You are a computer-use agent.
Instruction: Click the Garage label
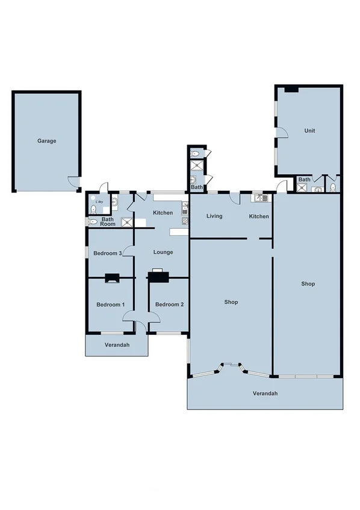(x=46, y=141)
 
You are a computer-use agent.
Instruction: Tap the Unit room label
(x=309, y=131)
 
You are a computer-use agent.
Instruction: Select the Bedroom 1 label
(x=111, y=305)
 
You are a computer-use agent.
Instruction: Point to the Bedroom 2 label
(x=169, y=305)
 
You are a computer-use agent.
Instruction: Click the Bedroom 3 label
(x=107, y=253)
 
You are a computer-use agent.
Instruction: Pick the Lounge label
(x=163, y=252)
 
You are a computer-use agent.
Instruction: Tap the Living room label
(x=214, y=216)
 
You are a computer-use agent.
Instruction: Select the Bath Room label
(x=108, y=222)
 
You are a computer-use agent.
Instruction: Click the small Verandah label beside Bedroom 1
(x=116, y=345)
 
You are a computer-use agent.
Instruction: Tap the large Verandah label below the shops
(x=264, y=393)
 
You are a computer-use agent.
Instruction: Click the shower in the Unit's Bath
(x=301, y=187)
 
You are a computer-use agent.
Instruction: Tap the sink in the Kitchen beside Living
(x=258, y=197)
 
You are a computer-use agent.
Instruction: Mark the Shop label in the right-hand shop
(x=308, y=284)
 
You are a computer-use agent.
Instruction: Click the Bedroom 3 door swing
(x=128, y=257)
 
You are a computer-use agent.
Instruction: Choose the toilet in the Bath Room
(x=93, y=222)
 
